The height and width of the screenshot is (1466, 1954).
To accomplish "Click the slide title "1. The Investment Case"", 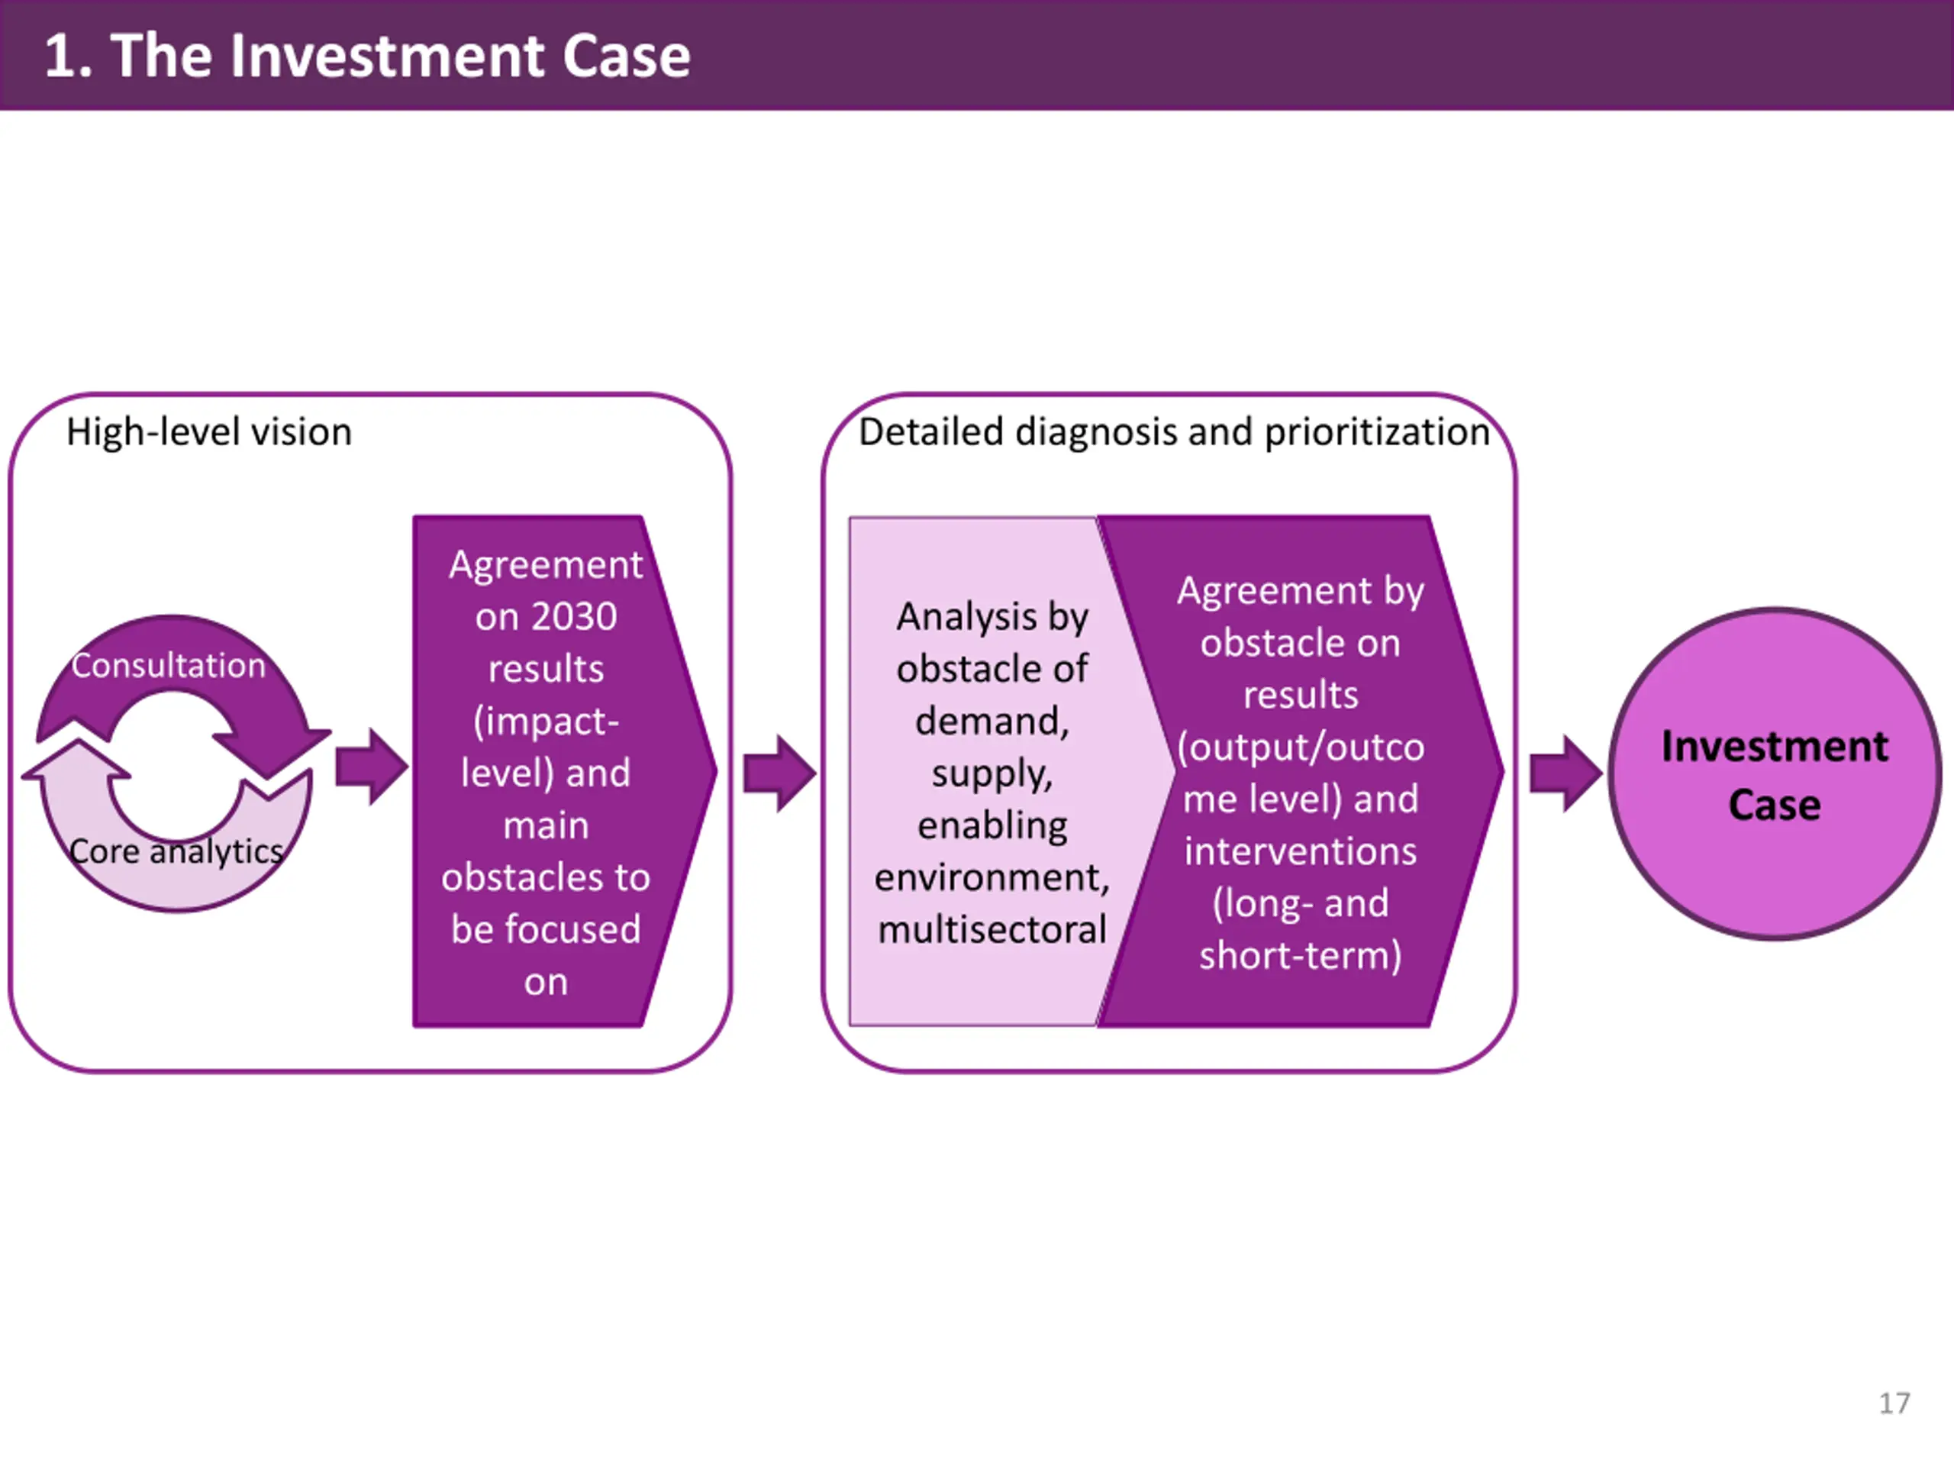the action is (367, 56).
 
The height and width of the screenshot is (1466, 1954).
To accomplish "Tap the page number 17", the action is (1894, 1403).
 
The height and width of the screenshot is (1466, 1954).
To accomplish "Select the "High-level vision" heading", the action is (209, 432).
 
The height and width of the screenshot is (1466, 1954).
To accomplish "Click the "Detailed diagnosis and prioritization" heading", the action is (1175, 432).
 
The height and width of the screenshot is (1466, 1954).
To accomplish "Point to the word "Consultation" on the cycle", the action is (169, 665).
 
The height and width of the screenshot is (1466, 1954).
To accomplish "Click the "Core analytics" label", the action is (176, 852).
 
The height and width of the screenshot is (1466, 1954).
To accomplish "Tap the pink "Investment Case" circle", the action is (1775, 774).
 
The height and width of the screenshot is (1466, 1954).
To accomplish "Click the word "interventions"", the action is (1301, 852).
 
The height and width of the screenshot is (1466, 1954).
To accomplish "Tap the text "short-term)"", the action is (1301, 956).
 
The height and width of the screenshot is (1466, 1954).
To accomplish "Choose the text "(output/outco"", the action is (1301, 748).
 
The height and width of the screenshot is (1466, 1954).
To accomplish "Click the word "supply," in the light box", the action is (992, 774).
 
